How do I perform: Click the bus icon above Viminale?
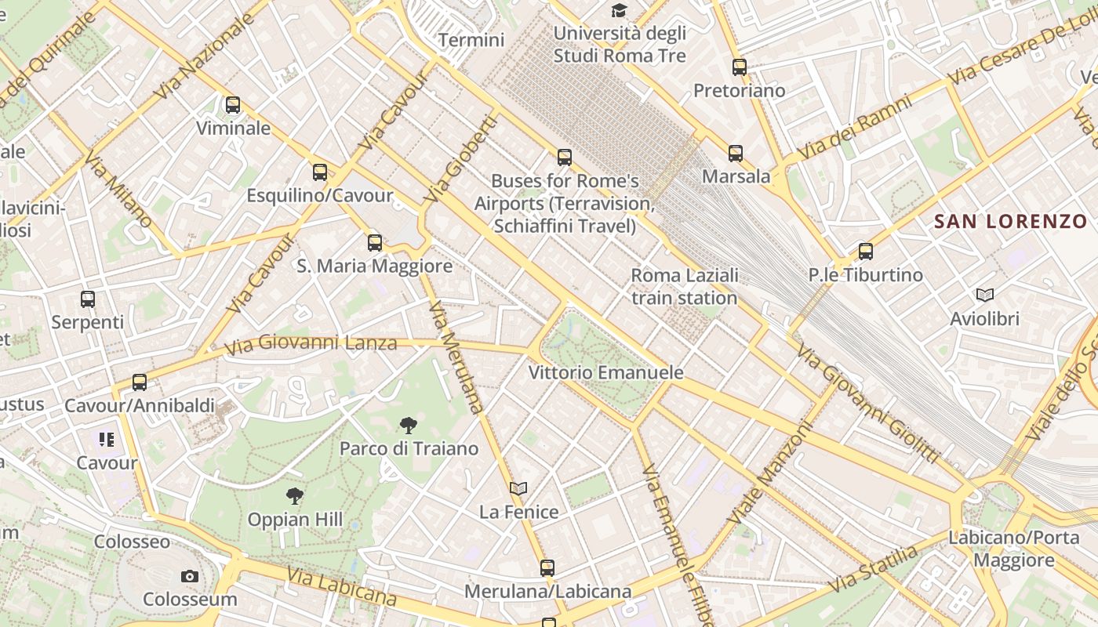click(x=233, y=105)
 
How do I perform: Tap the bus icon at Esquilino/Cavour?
click(x=320, y=172)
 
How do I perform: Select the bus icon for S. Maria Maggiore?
click(x=375, y=243)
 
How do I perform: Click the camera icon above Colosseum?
click(x=189, y=577)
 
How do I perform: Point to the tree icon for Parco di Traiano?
click(x=408, y=426)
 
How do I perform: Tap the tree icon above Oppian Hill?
click(x=295, y=495)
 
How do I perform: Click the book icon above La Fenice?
click(x=518, y=488)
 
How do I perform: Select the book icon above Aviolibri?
click(x=985, y=295)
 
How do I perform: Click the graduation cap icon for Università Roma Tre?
click(x=620, y=11)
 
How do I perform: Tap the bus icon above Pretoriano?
click(x=739, y=67)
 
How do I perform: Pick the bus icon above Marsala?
click(x=735, y=154)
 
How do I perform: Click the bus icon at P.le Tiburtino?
click(x=866, y=252)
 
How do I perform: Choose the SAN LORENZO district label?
click(x=1011, y=222)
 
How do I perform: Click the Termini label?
click(x=471, y=40)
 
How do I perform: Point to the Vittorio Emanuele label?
click(x=605, y=372)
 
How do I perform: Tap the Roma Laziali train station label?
click(x=685, y=287)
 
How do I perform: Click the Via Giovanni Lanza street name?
click(x=311, y=343)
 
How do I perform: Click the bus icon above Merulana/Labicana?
click(x=547, y=568)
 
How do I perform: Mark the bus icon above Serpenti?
click(x=88, y=299)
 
